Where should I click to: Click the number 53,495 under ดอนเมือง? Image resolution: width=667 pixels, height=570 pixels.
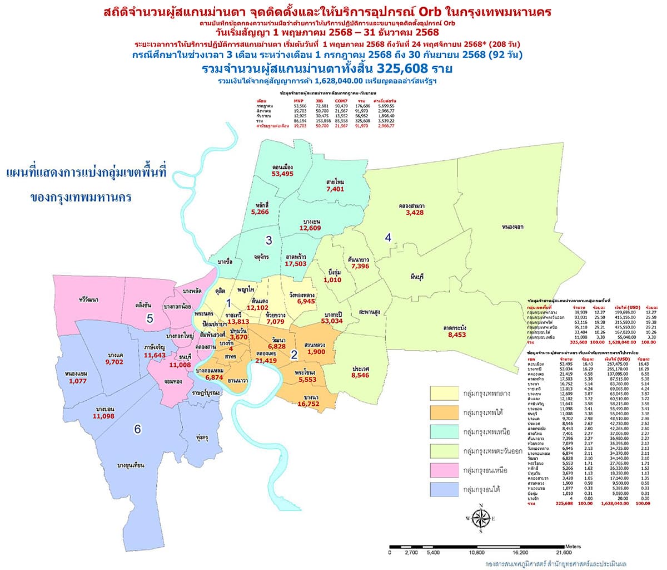pyautogui.click(x=282, y=174)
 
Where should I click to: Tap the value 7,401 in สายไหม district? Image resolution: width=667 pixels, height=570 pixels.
pyautogui.click(x=336, y=189)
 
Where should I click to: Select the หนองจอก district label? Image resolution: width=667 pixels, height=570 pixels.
pyautogui.click(x=515, y=227)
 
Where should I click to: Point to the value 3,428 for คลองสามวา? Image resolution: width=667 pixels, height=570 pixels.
pyautogui.click(x=415, y=213)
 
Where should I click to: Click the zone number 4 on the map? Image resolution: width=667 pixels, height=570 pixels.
pyautogui.click(x=389, y=238)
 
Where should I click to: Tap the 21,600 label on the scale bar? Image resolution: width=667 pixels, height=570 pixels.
pyautogui.click(x=563, y=553)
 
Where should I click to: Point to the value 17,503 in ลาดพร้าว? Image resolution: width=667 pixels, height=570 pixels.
pyautogui.click(x=296, y=264)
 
